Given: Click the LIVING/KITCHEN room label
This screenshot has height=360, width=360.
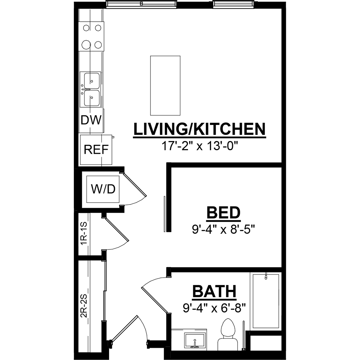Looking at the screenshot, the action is click(x=199, y=129).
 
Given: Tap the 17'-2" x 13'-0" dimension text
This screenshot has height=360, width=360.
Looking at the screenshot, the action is click(x=199, y=146).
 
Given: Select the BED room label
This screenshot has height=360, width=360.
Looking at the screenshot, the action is click(x=224, y=213).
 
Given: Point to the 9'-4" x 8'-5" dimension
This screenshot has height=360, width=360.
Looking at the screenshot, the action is click(x=224, y=229).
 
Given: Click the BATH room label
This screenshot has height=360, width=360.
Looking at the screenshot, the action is click(x=215, y=291).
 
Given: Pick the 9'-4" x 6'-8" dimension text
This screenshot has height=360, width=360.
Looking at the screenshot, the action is click(x=215, y=308).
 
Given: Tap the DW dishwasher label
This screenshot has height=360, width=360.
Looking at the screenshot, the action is click(x=91, y=120).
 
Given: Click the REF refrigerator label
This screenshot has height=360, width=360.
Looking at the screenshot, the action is click(x=96, y=150).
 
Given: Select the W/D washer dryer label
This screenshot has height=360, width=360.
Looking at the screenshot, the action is click(x=103, y=189).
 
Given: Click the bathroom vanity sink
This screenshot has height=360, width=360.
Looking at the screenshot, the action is click(x=195, y=341).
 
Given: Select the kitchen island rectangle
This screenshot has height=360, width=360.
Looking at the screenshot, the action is click(x=165, y=85).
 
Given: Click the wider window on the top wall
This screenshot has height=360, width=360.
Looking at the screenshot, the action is click(x=141, y=4).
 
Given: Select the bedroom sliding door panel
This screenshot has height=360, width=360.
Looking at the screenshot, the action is click(x=165, y=214).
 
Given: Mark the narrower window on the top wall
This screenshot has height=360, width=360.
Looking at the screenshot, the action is click(x=234, y=4).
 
